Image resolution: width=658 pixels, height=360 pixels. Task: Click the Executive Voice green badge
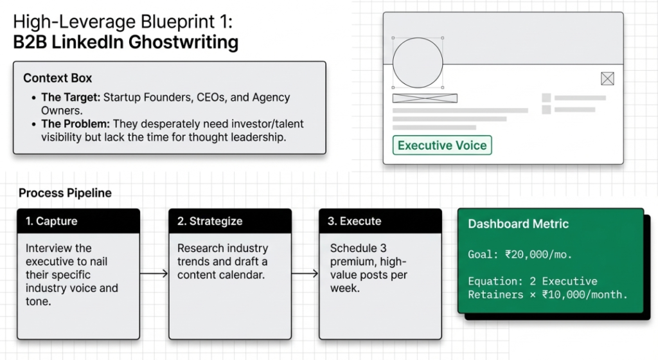pyautogui.click(x=442, y=145)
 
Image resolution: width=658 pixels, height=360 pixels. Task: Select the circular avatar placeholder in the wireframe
pyautogui.click(x=418, y=63)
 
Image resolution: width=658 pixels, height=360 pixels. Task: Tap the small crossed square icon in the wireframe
pyautogui.click(x=607, y=78)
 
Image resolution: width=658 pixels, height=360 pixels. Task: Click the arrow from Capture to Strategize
pyautogui.click(x=154, y=274)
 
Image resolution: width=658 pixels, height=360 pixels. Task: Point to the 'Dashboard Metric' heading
pyautogui.click(x=518, y=224)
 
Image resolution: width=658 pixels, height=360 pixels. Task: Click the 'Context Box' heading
pyautogui.click(x=58, y=78)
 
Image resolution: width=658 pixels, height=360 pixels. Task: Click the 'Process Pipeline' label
pyautogui.click(x=65, y=193)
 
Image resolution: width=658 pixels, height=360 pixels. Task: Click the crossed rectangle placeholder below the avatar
pyautogui.click(x=425, y=98)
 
